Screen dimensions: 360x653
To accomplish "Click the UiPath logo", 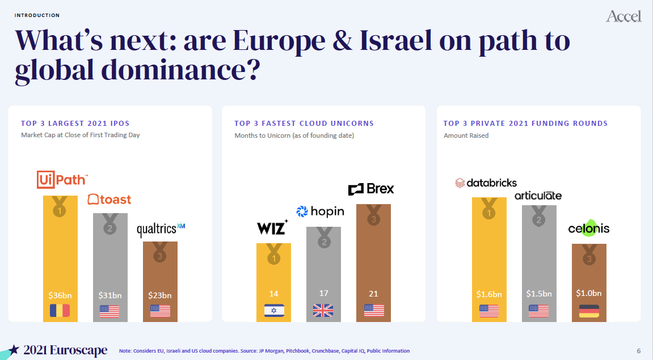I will pos(62,180).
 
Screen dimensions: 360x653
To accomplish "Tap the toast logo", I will pos(109,200).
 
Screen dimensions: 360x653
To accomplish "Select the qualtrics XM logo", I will pos(161,230).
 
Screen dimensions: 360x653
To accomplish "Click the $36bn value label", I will pos(60,295).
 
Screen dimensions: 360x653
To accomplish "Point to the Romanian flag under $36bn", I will pos(60,311).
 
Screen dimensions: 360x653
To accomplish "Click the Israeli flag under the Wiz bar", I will pos(274,311).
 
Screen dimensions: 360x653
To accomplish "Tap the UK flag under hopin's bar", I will pos(323,311).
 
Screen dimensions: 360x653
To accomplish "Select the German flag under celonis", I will pos(589,311).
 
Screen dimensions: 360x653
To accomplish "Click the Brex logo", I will pos(371,189).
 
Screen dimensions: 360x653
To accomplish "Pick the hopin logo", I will pos(320,211).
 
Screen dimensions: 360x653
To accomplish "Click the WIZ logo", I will pos(272,228).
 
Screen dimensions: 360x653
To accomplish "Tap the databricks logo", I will pos(486,183).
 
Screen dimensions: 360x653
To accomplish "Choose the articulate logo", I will pos(538,196).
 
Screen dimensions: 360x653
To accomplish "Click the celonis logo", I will pos(589,228).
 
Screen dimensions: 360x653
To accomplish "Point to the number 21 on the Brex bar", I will pos(373,294).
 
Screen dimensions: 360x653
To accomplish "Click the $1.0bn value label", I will pos(589,293).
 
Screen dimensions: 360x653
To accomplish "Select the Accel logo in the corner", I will pos(623,16).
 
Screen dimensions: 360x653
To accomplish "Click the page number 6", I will pos(639,351).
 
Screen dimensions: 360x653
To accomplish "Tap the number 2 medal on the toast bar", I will pos(110,228).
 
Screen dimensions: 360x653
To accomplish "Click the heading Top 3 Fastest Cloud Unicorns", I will pos(304,123).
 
